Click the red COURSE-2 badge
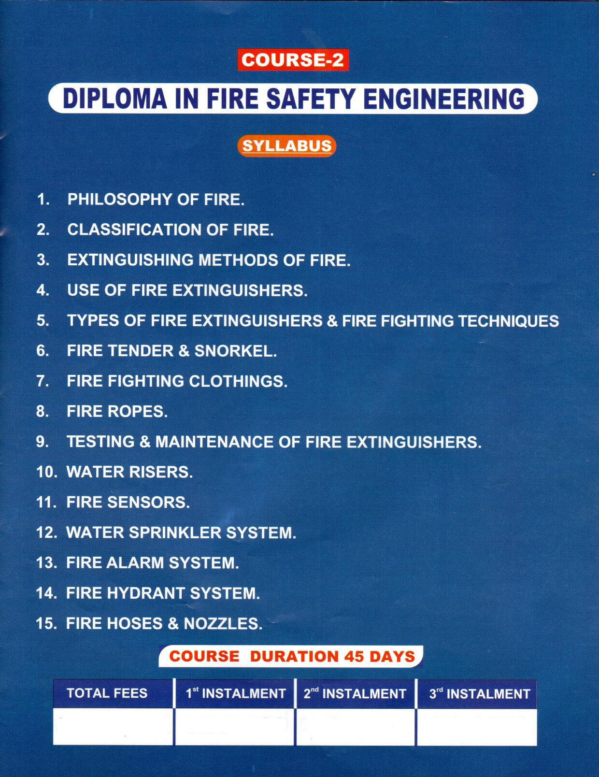coord(293,60)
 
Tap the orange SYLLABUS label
coord(286,146)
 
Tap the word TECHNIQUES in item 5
coord(509,321)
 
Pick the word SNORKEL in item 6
coord(236,351)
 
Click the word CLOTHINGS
coord(238,381)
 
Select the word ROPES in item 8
coord(137,412)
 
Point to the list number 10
coord(46,472)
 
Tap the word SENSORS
coord(148,503)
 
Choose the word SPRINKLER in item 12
coord(175,533)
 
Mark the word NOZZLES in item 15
coord(223,624)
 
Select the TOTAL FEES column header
coord(107,693)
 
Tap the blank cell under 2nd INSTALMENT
coord(355,726)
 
